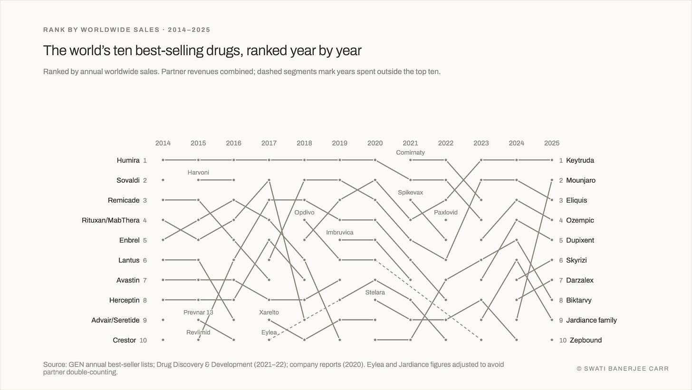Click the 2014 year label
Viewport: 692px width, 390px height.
(163, 143)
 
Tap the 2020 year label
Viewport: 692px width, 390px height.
(375, 143)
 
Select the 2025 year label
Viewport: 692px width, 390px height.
(552, 143)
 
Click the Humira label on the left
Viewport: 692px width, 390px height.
(128, 160)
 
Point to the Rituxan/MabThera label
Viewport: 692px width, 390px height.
(111, 220)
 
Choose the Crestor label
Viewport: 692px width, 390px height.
(124, 340)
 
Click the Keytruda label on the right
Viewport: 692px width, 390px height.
(580, 160)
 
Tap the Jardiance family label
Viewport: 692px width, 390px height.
(591, 320)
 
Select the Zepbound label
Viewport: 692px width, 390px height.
(586, 340)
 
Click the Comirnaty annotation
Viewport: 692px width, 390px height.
(410, 152)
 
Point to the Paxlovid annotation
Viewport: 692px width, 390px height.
(445, 212)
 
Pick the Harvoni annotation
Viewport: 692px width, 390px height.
(198, 173)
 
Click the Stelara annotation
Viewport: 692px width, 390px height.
(375, 292)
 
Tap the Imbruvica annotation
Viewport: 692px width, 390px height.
(339, 233)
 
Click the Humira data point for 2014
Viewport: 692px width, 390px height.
(163, 160)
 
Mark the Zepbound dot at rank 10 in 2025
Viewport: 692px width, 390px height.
(552, 340)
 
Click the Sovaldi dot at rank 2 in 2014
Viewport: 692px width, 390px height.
(163, 180)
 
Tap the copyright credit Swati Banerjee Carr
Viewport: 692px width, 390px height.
(623, 369)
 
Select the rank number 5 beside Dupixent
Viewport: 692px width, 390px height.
(561, 241)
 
